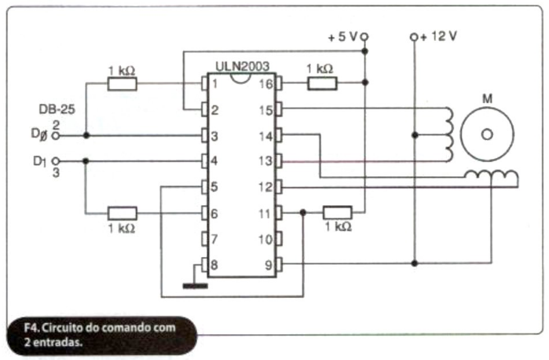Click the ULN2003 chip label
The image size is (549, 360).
click(242, 67)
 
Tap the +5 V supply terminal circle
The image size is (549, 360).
click(364, 36)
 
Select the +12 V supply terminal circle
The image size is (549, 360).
click(414, 36)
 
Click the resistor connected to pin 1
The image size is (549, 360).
click(123, 84)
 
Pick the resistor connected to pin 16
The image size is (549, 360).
click(323, 83)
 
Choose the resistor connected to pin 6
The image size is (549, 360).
click(123, 213)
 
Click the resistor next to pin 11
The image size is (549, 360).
click(338, 212)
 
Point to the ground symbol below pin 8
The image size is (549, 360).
click(196, 286)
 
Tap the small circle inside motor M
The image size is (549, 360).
click(487, 134)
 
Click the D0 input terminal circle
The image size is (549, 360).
click(56, 136)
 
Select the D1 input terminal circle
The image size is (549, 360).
click(56, 161)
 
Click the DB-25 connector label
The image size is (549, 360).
click(57, 109)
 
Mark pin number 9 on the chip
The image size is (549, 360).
click(269, 265)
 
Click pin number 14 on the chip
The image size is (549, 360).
click(265, 136)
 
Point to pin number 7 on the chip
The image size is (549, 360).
click(214, 240)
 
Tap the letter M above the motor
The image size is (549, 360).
click(487, 99)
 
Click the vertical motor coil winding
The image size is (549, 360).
click(449, 134)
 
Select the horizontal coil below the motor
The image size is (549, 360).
click(491, 175)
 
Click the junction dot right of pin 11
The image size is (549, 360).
click(303, 212)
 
